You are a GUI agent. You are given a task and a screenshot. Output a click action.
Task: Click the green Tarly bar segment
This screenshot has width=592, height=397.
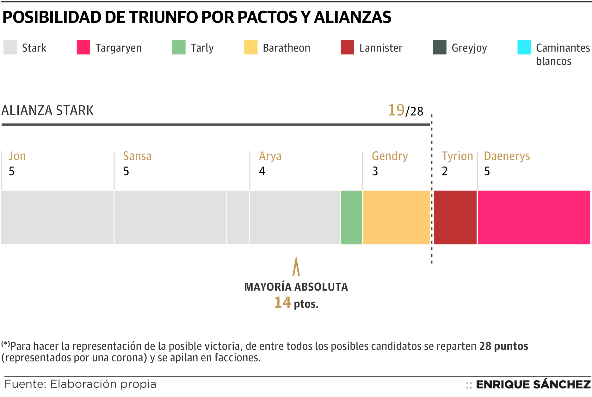(351, 217)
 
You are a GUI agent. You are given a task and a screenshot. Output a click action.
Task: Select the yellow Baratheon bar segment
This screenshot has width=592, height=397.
(396, 217)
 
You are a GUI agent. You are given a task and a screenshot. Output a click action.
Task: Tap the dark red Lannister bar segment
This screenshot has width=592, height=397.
(455, 217)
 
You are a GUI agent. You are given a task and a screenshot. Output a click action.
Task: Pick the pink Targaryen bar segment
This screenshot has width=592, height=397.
(534, 217)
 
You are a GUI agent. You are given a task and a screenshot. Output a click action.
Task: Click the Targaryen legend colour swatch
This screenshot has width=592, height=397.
(83, 47)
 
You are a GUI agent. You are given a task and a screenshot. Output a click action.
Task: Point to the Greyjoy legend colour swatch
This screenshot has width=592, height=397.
(440, 47)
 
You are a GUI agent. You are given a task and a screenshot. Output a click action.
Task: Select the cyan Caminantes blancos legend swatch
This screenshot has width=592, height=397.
(524, 47)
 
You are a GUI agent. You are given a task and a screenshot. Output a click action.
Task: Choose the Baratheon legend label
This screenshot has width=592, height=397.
(287, 48)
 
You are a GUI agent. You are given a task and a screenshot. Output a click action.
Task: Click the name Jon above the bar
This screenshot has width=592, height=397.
(17, 156)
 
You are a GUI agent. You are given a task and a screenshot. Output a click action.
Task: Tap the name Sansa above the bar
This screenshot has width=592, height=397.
(137, 156)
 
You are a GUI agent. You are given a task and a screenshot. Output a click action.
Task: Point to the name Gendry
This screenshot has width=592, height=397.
(390, 156)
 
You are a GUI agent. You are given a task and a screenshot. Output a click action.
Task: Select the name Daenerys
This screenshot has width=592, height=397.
(507, 156)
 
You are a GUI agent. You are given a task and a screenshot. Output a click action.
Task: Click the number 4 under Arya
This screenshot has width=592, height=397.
(262, 171)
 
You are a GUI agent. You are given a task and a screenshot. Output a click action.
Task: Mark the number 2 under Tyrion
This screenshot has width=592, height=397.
(445, 171)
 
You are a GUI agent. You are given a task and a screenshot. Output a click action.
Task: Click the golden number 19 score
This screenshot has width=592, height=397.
(396, 110)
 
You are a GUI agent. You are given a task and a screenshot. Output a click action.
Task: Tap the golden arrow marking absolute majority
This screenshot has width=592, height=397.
(296, 267)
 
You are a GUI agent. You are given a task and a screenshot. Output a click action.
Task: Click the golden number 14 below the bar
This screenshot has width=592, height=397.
(282, 302)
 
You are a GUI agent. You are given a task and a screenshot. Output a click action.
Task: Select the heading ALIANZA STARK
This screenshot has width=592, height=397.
(48, 110)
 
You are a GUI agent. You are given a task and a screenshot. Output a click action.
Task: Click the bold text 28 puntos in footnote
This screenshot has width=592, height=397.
(504, 346)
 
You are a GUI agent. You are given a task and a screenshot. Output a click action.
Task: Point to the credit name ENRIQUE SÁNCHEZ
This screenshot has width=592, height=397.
(533, 384)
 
